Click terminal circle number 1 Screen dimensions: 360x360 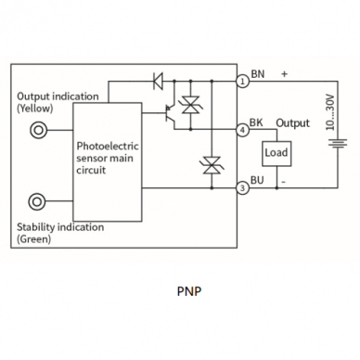243,82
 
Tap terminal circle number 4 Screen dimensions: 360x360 243,130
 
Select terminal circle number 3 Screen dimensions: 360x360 243,187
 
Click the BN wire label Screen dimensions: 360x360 258,74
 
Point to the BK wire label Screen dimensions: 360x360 256,122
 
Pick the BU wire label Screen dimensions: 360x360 257,180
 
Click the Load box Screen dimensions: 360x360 276,154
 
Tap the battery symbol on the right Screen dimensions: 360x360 338,144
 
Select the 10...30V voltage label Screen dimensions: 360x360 330,112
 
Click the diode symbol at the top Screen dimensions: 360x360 158,81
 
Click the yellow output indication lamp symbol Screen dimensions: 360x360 38,130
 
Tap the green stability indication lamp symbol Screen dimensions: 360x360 37,201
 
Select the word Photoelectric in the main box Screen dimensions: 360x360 108,146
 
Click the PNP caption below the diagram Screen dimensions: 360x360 189,291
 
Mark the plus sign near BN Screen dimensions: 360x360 284,74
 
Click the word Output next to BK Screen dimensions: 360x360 292,123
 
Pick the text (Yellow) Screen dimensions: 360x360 35,109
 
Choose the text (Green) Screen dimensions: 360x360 33,239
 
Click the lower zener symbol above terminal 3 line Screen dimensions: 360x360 212,165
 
